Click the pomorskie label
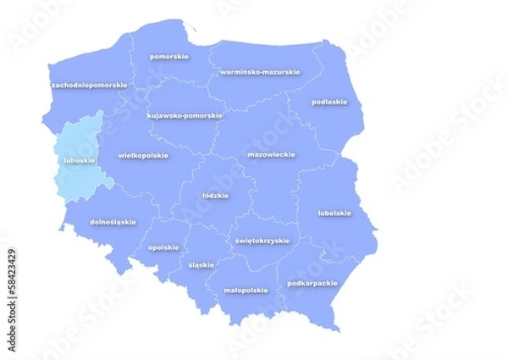pyautogui.click(x=168, y=57)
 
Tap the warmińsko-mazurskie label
pyautogui.click(x=259, y=72)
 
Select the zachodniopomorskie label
pyautogui.click(x=89, y=86)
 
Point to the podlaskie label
pyautogui.click(x=329, y=102)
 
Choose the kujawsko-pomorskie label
pyautogui.click(x=185, y=115)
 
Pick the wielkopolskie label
pyautogui.click(x=143, y=156)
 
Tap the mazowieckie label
pyautogui.click(x=271, y=155)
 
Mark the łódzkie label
pyautogui.click(x=216, y=195)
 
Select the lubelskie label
pyautogui.click(x=334, y=213)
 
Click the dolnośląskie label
pyautogui.click(x=113, y=222)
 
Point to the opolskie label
pyautogui.click(x=163, y=247)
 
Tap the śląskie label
pyautogui.click(x=202, y=264)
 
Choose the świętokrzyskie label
pyautogui.click(x=262, y=241)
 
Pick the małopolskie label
pyautogui.click(x=246, y=290)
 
